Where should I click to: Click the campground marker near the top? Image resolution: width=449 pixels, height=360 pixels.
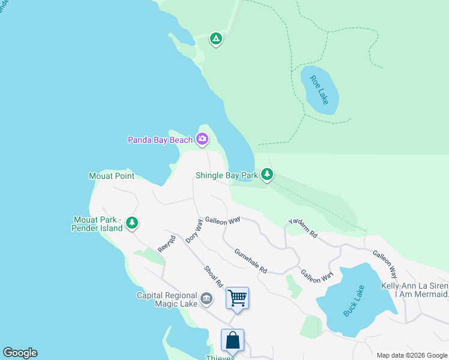[216, 39]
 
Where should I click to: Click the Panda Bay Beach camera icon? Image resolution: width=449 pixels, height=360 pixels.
[202, 140]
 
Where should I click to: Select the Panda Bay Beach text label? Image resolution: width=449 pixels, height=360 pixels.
[160, 140]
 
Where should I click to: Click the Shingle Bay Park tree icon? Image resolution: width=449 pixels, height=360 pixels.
[267, 175]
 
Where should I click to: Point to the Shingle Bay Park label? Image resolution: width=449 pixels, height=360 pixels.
[226, 176]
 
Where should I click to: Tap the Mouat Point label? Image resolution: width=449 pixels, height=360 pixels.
[112, 176]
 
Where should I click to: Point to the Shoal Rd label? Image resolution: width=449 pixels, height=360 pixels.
[213, 276]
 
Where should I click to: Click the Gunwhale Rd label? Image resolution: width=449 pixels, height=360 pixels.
[250, 261]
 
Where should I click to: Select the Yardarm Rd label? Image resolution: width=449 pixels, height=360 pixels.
[302, 228]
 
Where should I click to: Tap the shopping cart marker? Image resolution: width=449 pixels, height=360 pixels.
[238, 298]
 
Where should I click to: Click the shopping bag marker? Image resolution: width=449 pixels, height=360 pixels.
[232, 340]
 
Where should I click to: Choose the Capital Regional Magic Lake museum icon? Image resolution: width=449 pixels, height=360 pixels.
[206, 298]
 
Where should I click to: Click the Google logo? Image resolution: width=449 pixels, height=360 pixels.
[20, 353]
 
